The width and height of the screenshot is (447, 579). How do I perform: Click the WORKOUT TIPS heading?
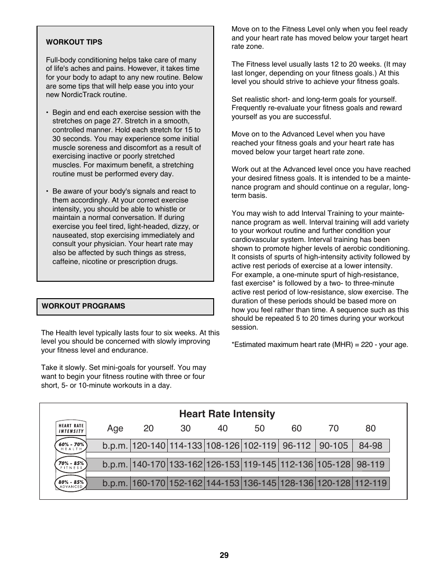coord(74,42)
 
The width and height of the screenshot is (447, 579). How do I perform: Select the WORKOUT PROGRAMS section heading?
coord(83,306)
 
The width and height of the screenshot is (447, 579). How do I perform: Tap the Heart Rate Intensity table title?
coord(227,414)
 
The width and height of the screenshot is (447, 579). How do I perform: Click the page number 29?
coord(224,556)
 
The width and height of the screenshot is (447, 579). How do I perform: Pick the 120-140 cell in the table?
coord(149,446)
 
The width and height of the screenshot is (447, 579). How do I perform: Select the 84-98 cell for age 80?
coord(371,446)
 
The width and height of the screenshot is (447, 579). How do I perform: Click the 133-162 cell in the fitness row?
coord(186,465)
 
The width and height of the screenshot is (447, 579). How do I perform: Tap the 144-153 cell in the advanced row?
coord(223,483)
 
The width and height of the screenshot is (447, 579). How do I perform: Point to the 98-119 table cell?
coord(371,465)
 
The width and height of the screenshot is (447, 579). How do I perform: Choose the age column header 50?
coord(260,429)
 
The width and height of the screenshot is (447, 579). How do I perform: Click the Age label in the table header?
coord(115,429)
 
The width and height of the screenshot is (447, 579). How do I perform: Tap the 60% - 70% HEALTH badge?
coord(71,446)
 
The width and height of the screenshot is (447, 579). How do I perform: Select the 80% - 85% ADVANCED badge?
coord(71,483)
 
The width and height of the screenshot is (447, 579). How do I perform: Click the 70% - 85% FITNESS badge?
coord(71,465)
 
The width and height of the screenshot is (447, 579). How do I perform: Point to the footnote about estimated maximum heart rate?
coord(320,345)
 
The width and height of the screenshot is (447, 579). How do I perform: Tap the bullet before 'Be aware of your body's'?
coord(47,192)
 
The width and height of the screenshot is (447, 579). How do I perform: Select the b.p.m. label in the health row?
coord(115,446)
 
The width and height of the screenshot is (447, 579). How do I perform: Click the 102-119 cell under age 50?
coord(260,446)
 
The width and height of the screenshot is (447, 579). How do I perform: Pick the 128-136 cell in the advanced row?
coord(297,483)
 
